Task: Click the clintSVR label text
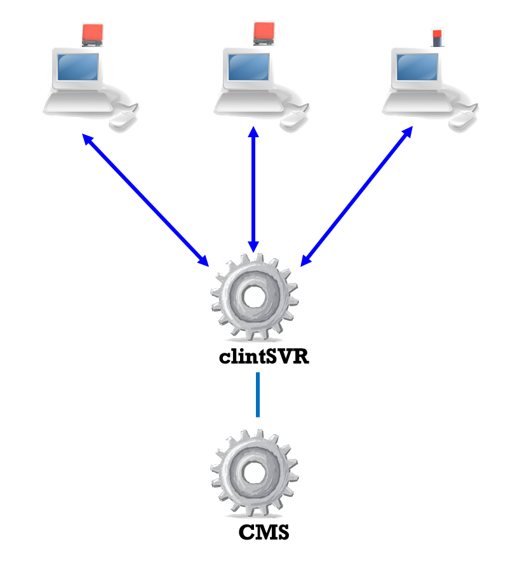(x=264, y=357)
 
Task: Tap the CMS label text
(x=264, y=532)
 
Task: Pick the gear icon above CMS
(x=254, y=472)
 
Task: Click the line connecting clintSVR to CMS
(x=257, y=395)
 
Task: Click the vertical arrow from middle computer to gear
(x=254, y=191)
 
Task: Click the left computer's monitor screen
(x=78, y=67)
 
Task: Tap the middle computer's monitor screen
(x=248, y=67)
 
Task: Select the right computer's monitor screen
(x=417, y=67)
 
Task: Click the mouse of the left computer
(x=122, y=119)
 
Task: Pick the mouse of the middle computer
(x=293, y=119)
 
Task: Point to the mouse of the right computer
(x=462, y=119)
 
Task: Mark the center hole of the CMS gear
(x=254, y=471)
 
